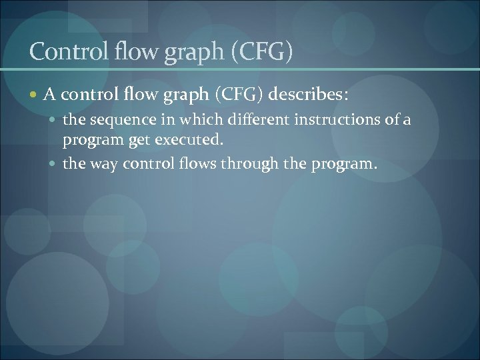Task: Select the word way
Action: coord(100,165)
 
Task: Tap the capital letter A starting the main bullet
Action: coord(49,95)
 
